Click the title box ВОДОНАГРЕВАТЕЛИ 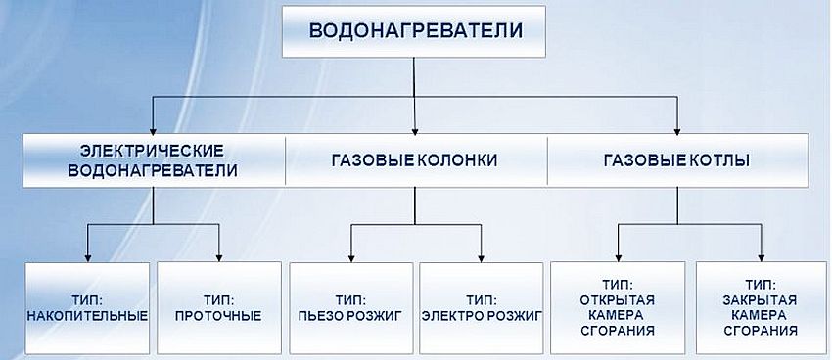click(415, 32)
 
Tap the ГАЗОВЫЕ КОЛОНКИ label click(414, 160)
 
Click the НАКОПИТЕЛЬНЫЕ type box click(87, 307)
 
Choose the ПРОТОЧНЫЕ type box click(217, 307)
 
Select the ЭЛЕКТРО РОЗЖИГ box click(480, 307)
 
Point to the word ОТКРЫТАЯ click(617, 299)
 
